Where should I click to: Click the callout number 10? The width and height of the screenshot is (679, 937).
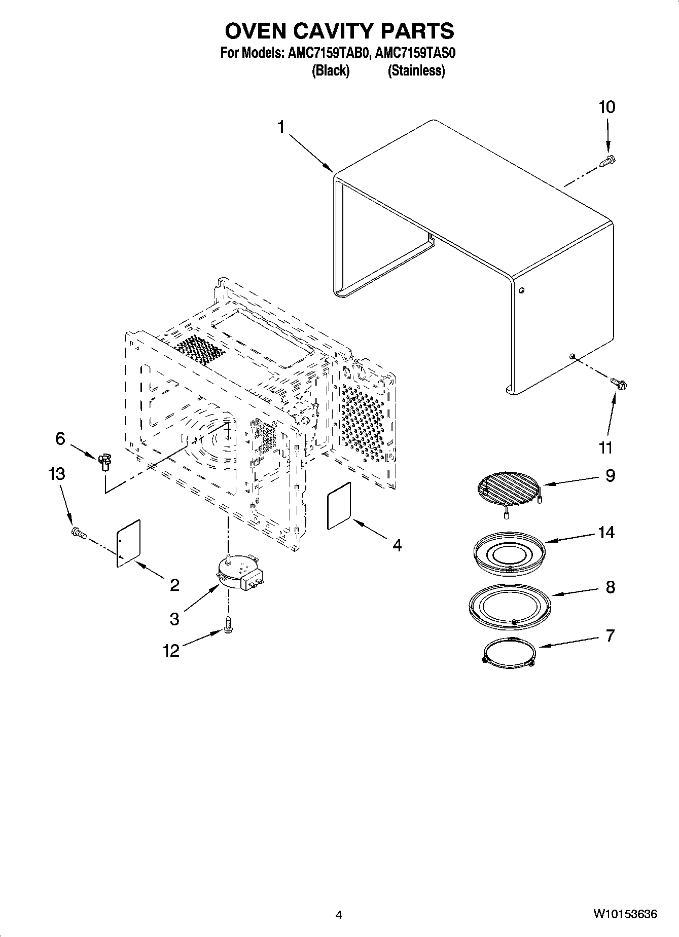pyautogui.click(x=606, y=107)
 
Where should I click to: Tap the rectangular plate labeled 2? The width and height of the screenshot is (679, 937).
pyautogui.click(x=128, y=542)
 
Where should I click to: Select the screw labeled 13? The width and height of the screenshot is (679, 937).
pyautogui.click(x=79, y=532)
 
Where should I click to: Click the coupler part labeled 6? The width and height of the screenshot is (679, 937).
pyautogui.click(x=105, y=461)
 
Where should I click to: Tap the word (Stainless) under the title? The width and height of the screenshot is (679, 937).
pyautogui.click(x=416, y=70)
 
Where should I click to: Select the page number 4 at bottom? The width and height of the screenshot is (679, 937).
pyautogui.click(x=339, y=915)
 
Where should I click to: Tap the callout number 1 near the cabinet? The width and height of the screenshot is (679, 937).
pyautogui.click(x=282, y=127)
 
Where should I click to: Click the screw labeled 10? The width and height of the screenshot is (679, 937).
pyautogui.click(x=607, y=161)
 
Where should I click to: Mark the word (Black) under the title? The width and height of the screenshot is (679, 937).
pyautogui.click(x=330, y=70)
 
